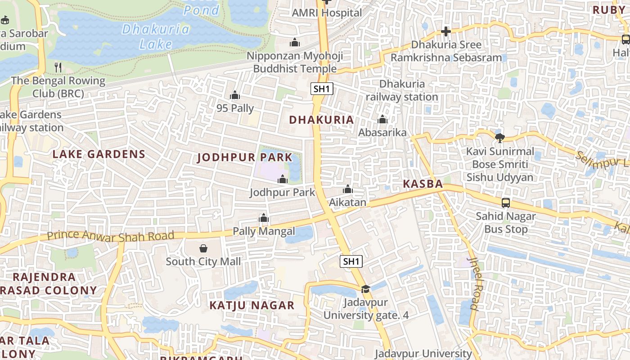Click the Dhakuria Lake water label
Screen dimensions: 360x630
(156, 36)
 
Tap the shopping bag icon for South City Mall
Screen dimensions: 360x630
(203, 248)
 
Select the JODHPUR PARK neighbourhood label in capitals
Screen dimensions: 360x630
(245, 158)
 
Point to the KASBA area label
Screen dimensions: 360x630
(423, 184)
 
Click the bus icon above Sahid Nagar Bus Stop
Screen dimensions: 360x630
(506, 203)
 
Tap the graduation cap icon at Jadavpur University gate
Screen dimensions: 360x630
(365, 289)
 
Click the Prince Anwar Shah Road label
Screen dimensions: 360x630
(110, 235)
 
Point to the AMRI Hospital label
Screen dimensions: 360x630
(327, 13)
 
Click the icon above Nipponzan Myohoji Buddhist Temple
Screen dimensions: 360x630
(295, 43)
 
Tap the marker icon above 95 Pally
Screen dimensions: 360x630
(234, 95)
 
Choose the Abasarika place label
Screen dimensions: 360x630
(382, 132)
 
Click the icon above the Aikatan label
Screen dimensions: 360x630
(347, 189)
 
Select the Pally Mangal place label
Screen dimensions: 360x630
(264, 231)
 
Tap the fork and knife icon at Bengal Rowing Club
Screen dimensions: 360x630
(58, 67)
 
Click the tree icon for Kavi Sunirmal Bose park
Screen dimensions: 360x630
(499, 138)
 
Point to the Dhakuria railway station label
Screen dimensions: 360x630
(401, 90)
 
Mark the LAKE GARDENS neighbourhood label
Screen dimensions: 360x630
(99, 154)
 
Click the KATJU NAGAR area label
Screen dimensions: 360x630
(252, 306)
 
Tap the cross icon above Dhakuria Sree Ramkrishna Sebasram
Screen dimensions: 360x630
(445, 31)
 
